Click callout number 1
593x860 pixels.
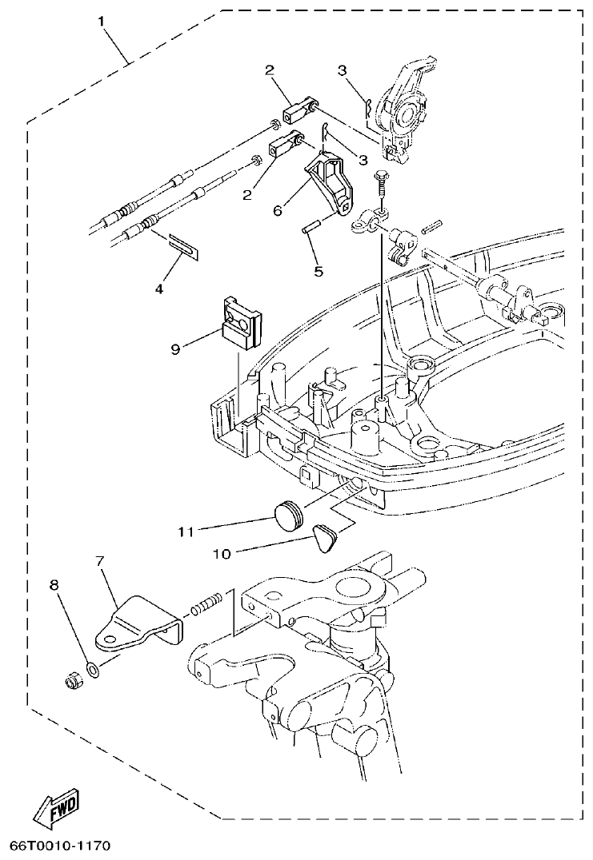102,22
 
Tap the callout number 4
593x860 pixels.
158,289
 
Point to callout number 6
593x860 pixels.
278,209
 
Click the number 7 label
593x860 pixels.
101,562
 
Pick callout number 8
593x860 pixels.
54,586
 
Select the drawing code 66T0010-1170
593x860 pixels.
60,846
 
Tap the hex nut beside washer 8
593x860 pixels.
72,683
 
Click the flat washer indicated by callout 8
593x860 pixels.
93,668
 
